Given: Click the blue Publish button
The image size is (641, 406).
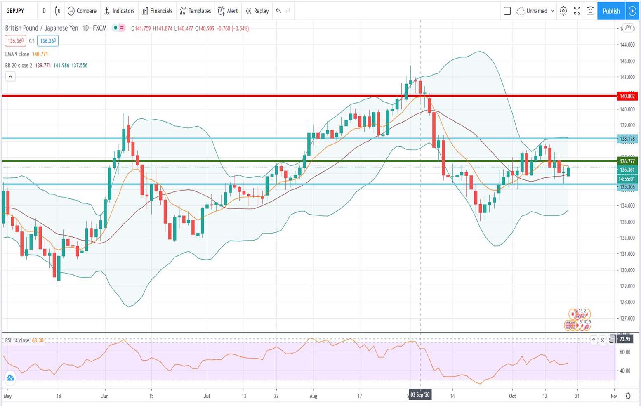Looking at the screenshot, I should (x=611, y=11).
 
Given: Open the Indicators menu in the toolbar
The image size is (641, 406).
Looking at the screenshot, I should (x=119, y=11).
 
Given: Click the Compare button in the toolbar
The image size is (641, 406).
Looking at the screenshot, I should (x=82, y=11).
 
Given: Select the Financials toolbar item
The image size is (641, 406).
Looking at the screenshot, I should (x=157, y=11).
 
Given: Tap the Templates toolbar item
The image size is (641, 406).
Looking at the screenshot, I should (x=195, y=11).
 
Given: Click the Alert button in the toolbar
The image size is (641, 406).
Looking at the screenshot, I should (x=228, y=11).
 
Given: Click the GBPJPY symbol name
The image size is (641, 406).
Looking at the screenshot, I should (x=15, y=11).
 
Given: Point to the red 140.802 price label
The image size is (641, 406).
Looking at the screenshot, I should (x=627, y=96).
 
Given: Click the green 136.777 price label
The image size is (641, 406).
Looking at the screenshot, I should (x=627, y=161).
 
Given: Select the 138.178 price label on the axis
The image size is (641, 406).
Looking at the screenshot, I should (x=627, y=139).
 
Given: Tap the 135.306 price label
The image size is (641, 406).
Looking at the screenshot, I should (x=627, y=187).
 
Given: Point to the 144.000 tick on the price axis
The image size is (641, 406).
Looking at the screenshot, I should (x=627, y=45).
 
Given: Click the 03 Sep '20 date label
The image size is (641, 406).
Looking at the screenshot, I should (x=420, y=395).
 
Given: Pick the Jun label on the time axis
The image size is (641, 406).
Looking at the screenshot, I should (x=105, y=396).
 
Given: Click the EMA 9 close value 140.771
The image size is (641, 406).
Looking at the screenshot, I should (x=40, y=54).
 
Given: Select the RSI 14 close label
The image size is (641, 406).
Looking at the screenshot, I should (x=17, y=340).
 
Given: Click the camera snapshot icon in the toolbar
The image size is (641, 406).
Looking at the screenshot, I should (x=590, y=11).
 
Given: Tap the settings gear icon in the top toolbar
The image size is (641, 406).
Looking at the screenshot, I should (x=563, y=11).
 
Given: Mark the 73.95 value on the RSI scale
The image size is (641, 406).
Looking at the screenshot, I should (x=625, y=339).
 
